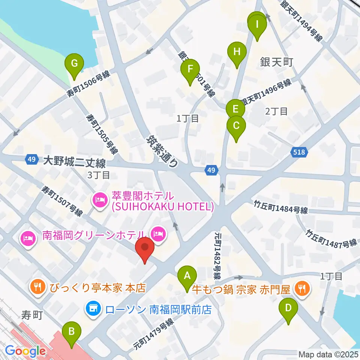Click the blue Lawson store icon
(x=93, y=309)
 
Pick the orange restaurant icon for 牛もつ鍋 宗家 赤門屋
(x=303, y=288)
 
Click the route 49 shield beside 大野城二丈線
(x=31, y=159)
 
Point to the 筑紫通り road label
(x=161, y=151)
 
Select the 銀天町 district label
(x=276, y=62)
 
